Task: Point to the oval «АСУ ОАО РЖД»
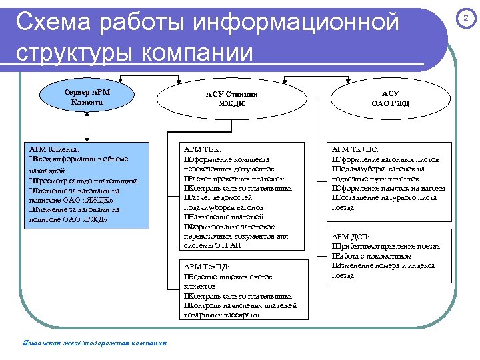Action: coord(390,99)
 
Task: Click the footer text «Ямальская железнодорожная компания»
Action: coord(94,344)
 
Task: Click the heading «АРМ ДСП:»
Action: coord(351,237)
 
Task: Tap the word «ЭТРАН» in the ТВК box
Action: coord(227,245)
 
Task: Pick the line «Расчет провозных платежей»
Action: coord(234,179)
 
